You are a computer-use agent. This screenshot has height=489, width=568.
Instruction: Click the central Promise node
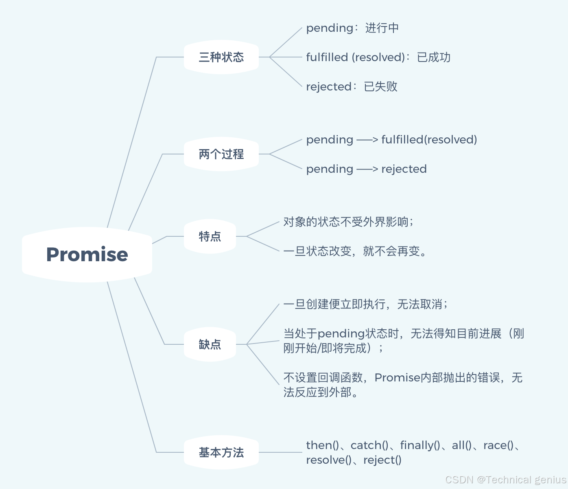[87, 254]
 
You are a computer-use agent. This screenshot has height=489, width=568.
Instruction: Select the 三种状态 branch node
[221, 57]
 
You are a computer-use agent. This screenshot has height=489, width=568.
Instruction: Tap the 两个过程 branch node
[221, 154]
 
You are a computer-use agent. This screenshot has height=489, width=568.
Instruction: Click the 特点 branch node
[210, 236]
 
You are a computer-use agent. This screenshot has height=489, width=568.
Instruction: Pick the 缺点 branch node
[210, 344]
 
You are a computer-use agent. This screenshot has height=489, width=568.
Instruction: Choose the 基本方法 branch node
[221, 452]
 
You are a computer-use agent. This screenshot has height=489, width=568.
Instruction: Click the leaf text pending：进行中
[352, 28]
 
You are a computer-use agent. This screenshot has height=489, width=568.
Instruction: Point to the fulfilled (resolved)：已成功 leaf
[378, 57]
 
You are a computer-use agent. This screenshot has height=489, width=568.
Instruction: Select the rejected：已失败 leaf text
[352, 87]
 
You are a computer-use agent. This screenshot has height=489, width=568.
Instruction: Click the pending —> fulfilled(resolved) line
[391, 140]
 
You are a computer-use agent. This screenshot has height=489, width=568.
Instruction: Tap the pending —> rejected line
[366, 169]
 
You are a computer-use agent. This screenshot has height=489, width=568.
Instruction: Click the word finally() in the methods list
[420, 445]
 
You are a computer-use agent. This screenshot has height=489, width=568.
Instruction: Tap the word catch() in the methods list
[369, 445]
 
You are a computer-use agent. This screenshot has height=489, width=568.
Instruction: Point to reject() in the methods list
[382, 460]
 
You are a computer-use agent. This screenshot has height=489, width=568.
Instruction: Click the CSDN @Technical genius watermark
[505, 480]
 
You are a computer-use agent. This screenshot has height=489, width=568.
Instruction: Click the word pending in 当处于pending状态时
[341, 334]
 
